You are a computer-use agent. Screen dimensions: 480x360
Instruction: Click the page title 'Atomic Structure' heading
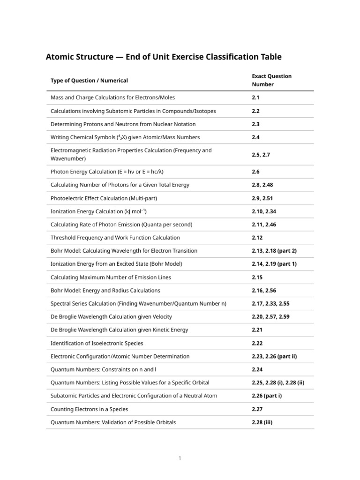click(164, 57)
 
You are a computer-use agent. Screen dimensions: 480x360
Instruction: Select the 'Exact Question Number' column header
click(271, 80)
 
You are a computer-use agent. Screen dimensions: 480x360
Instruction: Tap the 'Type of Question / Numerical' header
click(89, 81)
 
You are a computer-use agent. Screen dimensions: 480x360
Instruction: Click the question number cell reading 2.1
click(255, 98)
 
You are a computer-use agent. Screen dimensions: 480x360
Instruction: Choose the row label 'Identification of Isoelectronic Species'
click(97, 343)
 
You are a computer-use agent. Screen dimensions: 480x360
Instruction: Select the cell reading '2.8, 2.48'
click(262, 185)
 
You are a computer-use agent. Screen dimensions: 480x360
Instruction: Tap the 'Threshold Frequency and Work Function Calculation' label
click(115, 238)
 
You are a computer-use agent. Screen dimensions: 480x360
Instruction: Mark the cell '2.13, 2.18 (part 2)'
click(274, 251)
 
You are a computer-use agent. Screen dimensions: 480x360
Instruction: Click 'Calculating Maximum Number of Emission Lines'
click(111, 277)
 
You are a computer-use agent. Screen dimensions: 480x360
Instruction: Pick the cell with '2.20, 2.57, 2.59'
click(270, 317)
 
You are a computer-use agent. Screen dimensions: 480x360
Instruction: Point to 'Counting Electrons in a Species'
click(89, 409)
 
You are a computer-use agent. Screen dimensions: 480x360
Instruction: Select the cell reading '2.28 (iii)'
click(262, 422)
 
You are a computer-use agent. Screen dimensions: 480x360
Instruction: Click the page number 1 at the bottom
click(180, 458)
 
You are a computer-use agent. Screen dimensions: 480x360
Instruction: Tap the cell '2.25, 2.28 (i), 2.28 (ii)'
click(278, 382)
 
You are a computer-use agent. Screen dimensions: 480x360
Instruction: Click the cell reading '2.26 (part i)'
click(267, 396)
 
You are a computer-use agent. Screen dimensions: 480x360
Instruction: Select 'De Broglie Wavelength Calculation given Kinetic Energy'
click(119, 330)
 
